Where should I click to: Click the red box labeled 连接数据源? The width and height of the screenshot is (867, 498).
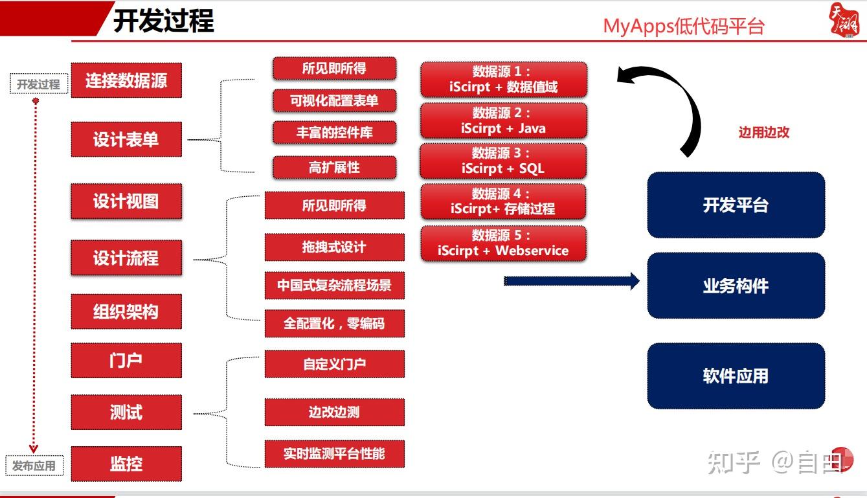click(126, 80)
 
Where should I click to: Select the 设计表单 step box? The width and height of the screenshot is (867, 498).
click(126, 139)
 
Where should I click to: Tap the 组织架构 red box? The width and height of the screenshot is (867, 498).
click(126, 311)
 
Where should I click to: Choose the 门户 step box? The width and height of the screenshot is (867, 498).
click(126, 360)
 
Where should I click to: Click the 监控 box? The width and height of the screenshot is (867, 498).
click(126, 464)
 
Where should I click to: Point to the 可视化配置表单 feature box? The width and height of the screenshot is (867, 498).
click(334, 100)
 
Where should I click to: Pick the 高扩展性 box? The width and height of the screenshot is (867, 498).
click(334, 167)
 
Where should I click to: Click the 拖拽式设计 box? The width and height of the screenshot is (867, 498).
click(334, 247)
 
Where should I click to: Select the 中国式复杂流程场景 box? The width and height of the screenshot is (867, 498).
click(334, 285)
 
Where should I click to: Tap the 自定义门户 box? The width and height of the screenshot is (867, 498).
click(334, 364)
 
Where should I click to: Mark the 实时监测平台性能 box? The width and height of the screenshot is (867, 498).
click(334, 453)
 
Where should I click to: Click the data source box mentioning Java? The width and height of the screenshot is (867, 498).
click(503, 120)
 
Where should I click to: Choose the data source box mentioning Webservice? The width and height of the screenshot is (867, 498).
click(503, 243)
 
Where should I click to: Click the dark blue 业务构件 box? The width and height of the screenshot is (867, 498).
click(736, 286)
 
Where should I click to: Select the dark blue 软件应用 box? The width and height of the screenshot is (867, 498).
click(736, 376)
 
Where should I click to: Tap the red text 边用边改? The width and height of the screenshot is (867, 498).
click(764, 132)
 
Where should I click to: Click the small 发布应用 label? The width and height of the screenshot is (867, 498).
click(34, 466)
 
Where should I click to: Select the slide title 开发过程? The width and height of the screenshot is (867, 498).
click(163, 21)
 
